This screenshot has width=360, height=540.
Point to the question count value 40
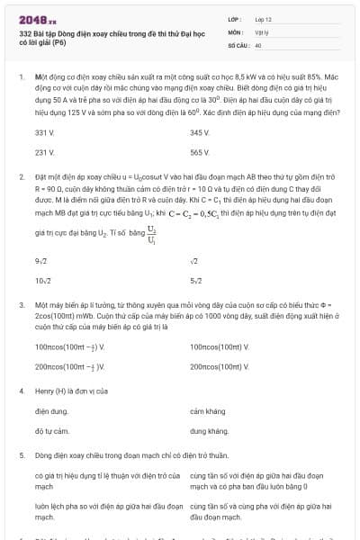(x=257, y=44)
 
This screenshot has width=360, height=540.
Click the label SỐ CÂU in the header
(x=237, y=44)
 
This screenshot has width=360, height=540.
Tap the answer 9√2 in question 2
(x=41, y=261)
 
